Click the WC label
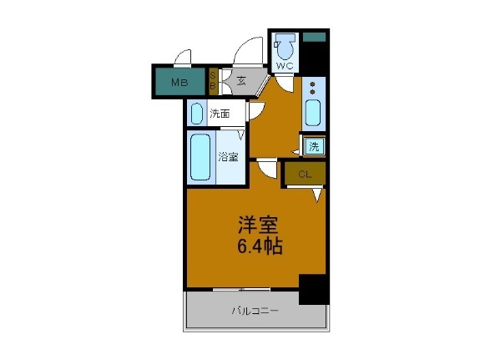[x=283, y=64]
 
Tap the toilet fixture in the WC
[x=285, y=45]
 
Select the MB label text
[x=179, y=82]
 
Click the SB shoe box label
[x=213, y=82]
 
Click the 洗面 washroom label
[x=220, y=114]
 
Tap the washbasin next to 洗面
[x=196, y=112]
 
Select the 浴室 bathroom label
[x=227, y=156]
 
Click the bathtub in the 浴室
[x=200, y=156]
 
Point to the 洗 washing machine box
[x=314, y=147]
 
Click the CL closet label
[x=304, y=175]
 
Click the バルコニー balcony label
[x=255, y=312]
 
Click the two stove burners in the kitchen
[x=312, y=88]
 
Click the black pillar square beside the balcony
[x=313, y=288]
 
